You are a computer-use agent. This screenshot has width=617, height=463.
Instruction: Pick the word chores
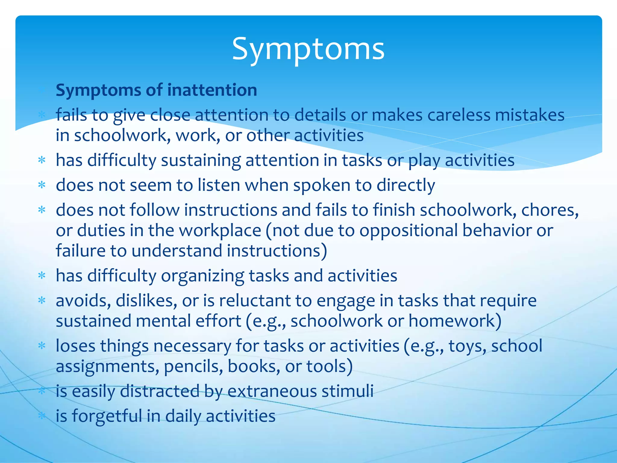click(549, 210)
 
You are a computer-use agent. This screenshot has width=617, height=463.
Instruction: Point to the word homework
click(454, 321)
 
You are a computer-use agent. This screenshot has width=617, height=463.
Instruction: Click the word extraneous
click(272, 391)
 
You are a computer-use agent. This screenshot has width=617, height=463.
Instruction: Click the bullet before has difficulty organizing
click(42, 276)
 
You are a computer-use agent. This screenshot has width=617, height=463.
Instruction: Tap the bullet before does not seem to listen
click(42, 185)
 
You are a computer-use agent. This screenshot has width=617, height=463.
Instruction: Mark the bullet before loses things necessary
click(42, 346)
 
